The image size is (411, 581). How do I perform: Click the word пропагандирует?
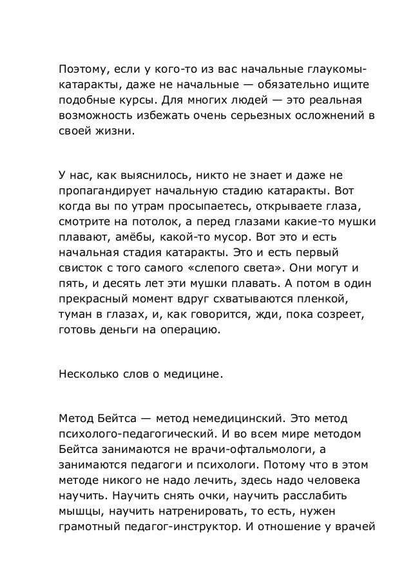click(99, 192)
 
